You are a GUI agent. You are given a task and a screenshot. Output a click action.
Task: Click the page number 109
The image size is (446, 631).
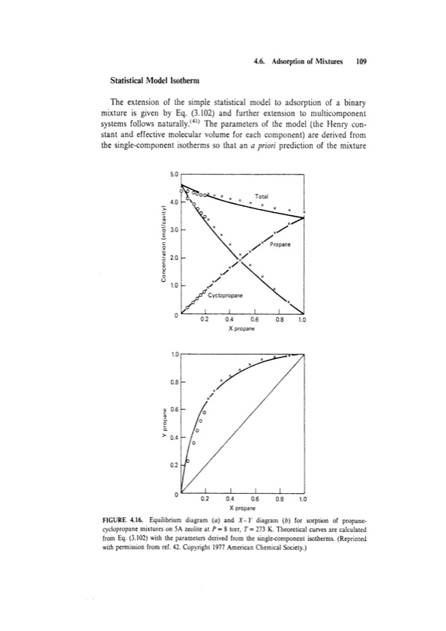click(360, 64)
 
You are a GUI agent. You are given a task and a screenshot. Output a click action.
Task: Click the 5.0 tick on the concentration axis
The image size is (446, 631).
click(175, 174)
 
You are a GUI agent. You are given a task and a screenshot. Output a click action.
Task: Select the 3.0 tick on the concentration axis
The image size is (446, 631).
click(175, 230)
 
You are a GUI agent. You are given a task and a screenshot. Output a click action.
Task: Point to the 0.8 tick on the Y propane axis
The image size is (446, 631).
click(175, 381)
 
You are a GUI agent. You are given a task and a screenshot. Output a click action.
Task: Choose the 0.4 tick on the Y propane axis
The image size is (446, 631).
click(175, 438)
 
